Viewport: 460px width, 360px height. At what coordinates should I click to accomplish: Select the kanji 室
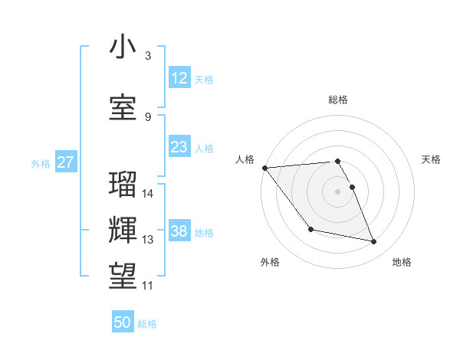[123, 107]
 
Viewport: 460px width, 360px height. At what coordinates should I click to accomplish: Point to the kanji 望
[123, 274]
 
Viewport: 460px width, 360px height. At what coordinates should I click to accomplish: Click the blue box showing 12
[179, 77]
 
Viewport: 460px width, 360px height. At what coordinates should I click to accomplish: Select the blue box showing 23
[179, 147]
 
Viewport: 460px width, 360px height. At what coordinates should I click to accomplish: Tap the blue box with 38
[179, 231]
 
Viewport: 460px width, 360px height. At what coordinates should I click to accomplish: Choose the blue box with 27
[65, 162]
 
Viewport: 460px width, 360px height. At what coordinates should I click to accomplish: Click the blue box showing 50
[123, 322]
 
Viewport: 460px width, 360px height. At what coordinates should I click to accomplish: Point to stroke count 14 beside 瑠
[149, 194]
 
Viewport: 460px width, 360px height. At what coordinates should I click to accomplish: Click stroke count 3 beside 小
[148, 55]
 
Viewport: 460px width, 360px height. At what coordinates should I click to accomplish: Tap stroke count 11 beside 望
[148, 286]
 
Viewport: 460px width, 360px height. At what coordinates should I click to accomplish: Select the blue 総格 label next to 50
[147, 324]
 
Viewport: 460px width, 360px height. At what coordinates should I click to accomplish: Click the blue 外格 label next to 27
[40, 163]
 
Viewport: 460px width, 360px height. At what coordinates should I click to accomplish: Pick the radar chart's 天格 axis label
[431, 159]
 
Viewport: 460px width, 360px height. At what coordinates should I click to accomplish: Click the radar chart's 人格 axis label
[245, 159]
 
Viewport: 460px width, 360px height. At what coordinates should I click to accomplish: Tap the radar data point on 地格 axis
[374, 242]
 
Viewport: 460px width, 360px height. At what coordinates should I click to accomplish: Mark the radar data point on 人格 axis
[264, 168]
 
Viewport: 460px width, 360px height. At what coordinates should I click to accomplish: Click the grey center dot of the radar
[337, 191]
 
